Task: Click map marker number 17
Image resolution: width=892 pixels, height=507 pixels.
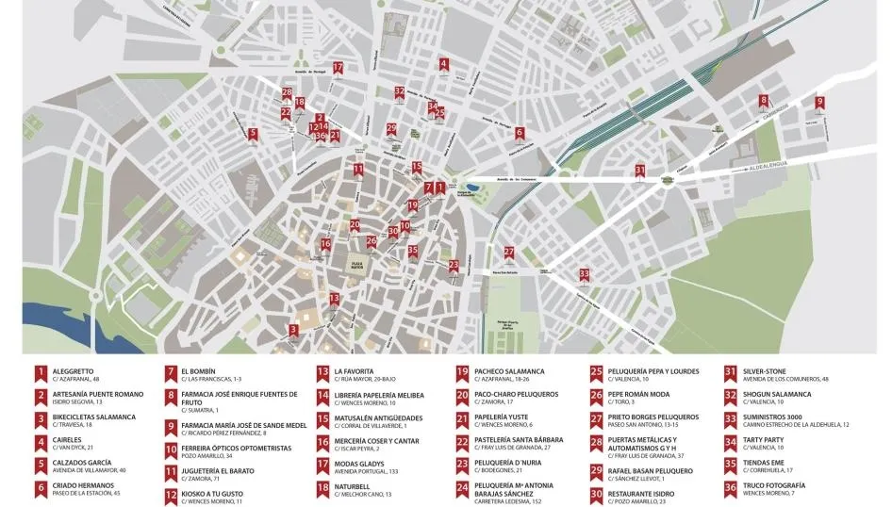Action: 338,68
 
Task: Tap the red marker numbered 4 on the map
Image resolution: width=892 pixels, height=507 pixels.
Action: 443,65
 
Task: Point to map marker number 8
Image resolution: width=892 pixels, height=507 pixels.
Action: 764,101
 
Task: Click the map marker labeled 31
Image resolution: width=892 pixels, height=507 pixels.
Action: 640,171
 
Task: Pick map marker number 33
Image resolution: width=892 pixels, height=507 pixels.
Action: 585,274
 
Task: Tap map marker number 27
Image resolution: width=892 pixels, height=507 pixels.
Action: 509,253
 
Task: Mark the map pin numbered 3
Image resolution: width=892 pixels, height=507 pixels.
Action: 294,330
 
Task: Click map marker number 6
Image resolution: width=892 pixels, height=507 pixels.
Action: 520,133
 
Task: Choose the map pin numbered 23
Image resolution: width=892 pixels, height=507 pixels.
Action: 454,266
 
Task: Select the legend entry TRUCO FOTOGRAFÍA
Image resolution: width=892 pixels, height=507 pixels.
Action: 778,485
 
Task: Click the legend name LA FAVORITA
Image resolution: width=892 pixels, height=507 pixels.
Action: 356,371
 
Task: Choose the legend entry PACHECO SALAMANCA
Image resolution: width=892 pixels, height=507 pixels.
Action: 509,371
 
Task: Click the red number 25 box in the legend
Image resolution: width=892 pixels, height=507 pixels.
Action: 597,372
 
